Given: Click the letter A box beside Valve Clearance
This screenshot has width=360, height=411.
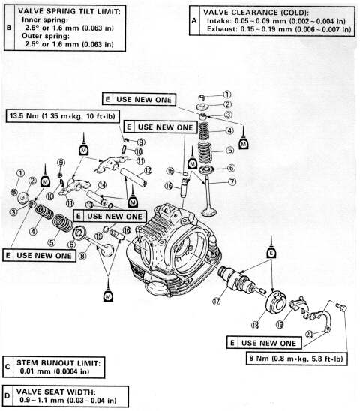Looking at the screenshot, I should pyautogui.click(x=194, y=22).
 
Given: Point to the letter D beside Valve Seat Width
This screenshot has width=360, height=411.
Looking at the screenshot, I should pyautogui.click(x=7, y=394).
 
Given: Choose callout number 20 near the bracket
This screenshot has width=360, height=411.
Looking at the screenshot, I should pyautogui.click(x=310, y=333).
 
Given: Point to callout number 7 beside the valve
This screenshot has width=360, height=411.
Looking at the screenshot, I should pyautogui.click(x=232, y=181).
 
